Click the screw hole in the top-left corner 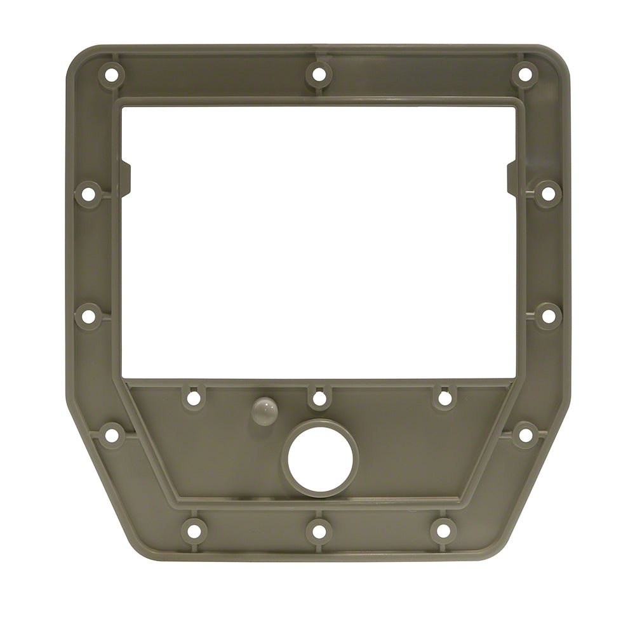[x=111, y=74]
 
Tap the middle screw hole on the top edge [x=319, y=75]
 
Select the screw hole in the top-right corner [x=525, y=74]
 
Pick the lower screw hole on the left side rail [x=88, y=316]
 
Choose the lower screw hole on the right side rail [x=547, y=316]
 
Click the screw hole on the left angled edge [x=111, y=435]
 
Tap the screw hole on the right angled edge [x=525, y=435]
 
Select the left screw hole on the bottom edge [x=194, y=529]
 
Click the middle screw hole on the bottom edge [x=319, y=529]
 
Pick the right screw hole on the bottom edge [x=443, y=529]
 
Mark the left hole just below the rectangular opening [x=194, y=398]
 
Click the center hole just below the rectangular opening [x=319, y=398]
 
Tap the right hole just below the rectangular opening [x=444, y=398]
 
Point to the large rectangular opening [x=317, y=241]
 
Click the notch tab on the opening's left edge [x=126, y=178]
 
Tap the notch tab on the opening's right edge [x=512, y=178]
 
